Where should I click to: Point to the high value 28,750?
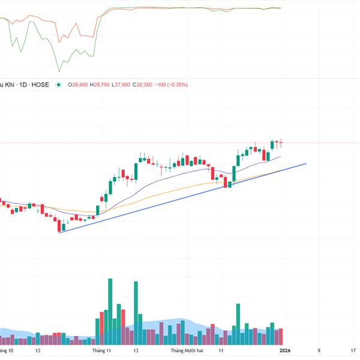pos(100,85)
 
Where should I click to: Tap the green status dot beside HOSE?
pos(58,85)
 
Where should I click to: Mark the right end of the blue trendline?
pos(307,163)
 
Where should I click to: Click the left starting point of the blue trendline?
pos(59,232)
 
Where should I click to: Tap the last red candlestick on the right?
pos(281,143)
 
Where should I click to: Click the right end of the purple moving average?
pos(281,156)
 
